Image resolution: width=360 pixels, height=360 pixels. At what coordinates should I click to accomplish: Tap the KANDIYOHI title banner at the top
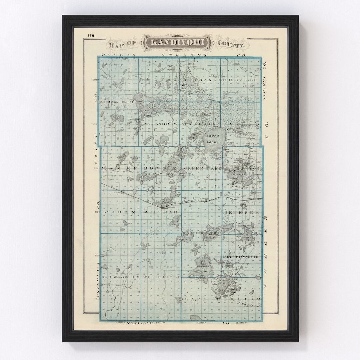(177, 42)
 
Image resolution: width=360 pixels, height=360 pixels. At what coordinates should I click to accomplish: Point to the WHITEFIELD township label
(162, 277)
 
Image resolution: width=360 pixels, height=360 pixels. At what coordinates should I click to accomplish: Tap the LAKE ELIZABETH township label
(240, 257)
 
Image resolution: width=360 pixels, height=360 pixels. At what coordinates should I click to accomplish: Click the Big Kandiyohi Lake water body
(202, 267)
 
